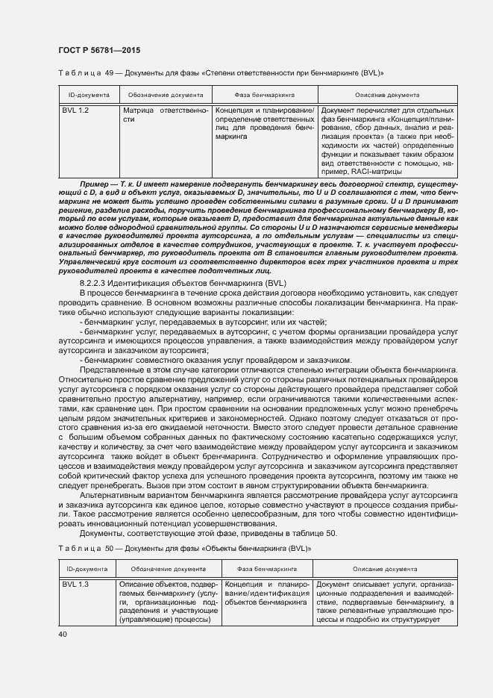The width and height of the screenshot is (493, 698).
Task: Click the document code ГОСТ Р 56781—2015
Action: coord(98,50)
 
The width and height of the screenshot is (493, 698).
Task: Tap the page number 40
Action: coord(62,634)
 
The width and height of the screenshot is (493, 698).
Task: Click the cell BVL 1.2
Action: coord(75,110)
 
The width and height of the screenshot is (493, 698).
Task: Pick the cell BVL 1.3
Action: coord(75,584)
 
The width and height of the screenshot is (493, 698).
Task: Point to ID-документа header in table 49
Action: coord(90,96)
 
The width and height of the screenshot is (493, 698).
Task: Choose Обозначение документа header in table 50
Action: coord(169,569)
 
